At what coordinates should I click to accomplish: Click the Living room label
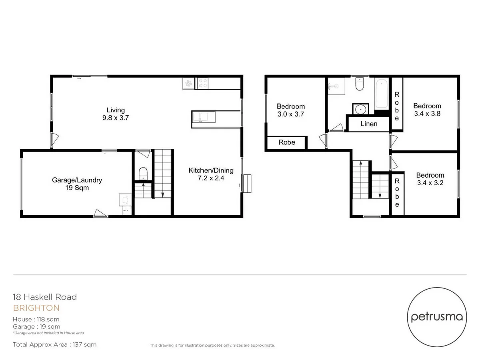tap(115, 110)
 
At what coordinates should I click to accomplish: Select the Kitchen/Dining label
tap(211, 170)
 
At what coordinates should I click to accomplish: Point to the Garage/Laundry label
tap(77, 180)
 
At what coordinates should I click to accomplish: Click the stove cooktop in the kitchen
tap(203, 84)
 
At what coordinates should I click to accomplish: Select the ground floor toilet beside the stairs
tap(143, 174)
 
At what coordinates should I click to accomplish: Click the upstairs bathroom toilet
tap(359, 85)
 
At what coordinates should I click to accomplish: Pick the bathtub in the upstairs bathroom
tap(382, 93)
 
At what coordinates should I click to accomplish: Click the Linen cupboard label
tap(368, 124)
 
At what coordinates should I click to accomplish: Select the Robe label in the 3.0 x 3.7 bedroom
tap(287, 142)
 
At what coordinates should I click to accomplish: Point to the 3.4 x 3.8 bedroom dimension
tap(427, 114)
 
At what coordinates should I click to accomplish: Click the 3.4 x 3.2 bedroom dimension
tap(430, 183)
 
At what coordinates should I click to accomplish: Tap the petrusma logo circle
tap(437, 317)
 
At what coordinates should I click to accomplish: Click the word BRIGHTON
tap(36, 308)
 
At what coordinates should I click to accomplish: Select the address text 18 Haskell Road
tap(45, 297)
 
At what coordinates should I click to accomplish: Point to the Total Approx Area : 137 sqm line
tap(55, 344)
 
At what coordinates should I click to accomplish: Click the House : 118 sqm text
tap(36, 319)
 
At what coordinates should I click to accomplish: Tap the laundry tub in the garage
tap(124, 199)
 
